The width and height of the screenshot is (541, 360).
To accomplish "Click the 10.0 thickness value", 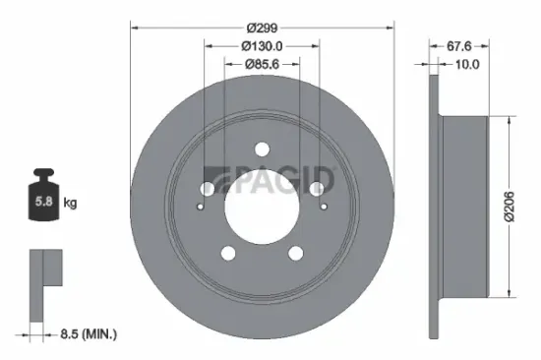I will coord(465,65).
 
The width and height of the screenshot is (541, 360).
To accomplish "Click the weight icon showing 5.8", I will coord(44,201).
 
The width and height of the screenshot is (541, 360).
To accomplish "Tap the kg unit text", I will coord(71,204).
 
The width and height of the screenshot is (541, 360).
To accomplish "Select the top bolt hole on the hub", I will coord(261,150).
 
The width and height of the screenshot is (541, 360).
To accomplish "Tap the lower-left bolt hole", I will coord(227,255).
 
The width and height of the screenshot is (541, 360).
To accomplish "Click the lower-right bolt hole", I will coord(296,255).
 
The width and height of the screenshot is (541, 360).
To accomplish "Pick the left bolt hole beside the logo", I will coord(207,189).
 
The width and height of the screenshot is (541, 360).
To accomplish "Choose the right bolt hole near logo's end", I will coord(317,189).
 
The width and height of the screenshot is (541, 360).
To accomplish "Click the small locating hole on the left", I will coord(200,208).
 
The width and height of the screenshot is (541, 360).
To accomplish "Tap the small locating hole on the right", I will coord(323,208).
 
